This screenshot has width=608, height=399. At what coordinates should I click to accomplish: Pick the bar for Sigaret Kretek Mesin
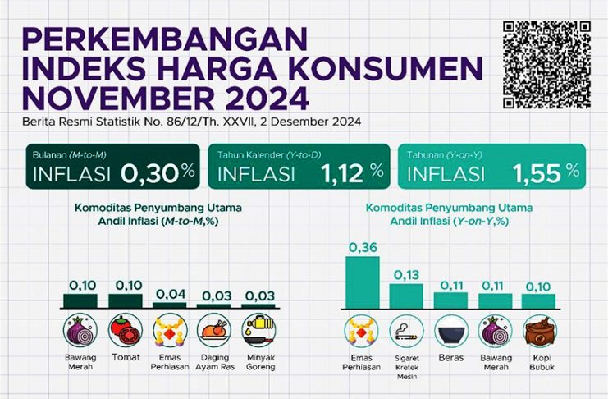click(x=406, y=295)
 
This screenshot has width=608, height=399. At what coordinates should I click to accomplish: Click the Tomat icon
click(x=124, y=330)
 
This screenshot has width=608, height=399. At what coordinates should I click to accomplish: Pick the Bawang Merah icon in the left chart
click(x=80, y=330)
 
